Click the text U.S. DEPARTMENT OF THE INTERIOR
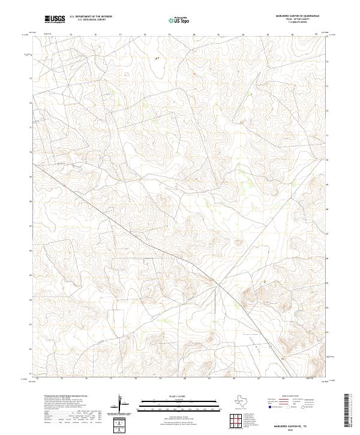(91, 16)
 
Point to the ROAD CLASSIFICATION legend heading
(288, 397)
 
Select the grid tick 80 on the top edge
(194, 35)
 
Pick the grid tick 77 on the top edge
(120, 35)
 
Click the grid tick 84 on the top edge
(292, 35)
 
